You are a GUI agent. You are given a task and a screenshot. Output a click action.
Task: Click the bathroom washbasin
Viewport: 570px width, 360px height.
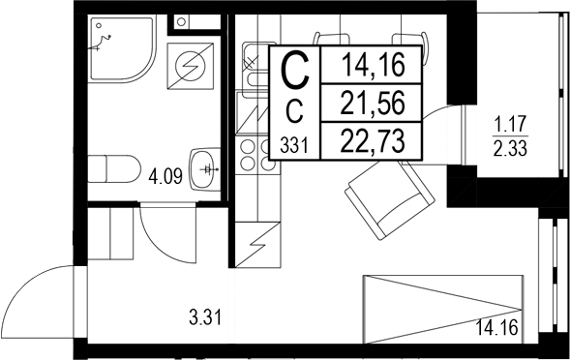pos(205,170)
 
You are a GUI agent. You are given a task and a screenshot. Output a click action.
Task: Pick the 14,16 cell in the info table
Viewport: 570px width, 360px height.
pos(372,67)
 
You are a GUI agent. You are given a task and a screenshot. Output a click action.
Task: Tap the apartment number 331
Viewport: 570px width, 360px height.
pos(295,145)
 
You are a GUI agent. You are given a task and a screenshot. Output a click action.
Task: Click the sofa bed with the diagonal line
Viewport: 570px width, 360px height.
pos(444,305)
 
